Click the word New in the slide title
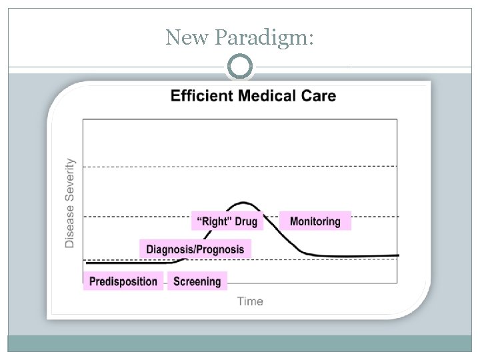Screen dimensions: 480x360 [x=188, y=37]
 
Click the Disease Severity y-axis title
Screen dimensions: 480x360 [x=70, y=203]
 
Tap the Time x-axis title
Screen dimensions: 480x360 [x=250, y=301]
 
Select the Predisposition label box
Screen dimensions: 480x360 [x=123, y=281]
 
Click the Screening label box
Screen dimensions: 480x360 [x=197, y=281]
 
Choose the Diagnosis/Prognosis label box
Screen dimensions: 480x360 [x=195, y=249]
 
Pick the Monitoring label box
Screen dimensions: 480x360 [x=315, y=221]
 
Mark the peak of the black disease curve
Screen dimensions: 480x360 [x=245, y=202]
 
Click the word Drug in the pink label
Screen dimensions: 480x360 [x=245, y=221]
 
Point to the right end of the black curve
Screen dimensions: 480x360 [x=397, y=255]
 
